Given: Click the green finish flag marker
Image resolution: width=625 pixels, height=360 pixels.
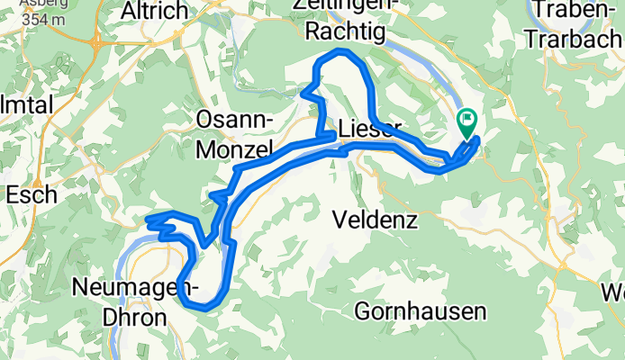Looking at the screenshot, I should point(468,122).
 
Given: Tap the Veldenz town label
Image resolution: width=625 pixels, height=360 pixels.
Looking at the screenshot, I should point(374,219).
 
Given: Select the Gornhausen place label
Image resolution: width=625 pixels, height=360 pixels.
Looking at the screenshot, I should point(421,311).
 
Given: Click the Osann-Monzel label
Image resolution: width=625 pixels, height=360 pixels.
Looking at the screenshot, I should point(237,133).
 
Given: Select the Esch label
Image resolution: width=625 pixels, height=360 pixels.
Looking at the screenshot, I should point(32,193).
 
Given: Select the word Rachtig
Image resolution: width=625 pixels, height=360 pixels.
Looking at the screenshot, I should point(344,32).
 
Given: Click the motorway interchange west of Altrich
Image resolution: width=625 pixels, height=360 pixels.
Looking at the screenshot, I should point(97,42).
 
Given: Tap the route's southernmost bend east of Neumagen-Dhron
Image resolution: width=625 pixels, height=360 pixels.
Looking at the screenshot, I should point(205,307).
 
